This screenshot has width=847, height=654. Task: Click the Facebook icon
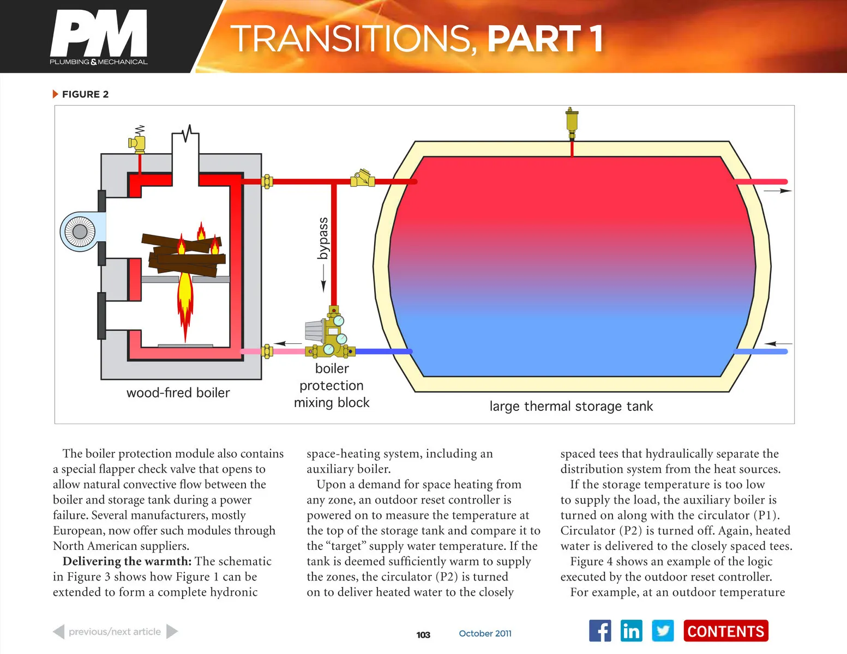click(x=600, y=631)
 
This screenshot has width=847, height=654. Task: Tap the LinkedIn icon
click(x=631, y=631)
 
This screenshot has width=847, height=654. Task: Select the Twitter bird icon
click(x=663, y=631)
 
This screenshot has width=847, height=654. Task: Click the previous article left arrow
click(x=59, y=632)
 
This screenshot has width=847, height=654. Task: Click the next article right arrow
click(x=172, y=632)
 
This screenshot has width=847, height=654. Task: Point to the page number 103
click(x=423, y=634)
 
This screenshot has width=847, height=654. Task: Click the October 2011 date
click(x=485, y=633)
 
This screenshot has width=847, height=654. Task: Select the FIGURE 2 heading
click(x=85, y=94)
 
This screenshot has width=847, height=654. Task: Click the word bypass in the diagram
click(x=323, y=238)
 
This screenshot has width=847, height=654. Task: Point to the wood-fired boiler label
click(x=178, y=392)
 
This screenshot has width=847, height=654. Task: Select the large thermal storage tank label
click(x=570, y=406)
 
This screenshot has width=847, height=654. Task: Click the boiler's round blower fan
click(x=80, y=232)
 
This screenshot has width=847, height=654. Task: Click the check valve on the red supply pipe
click(x=363, y=179)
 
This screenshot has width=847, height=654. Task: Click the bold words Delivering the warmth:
click(x=127, y=561)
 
